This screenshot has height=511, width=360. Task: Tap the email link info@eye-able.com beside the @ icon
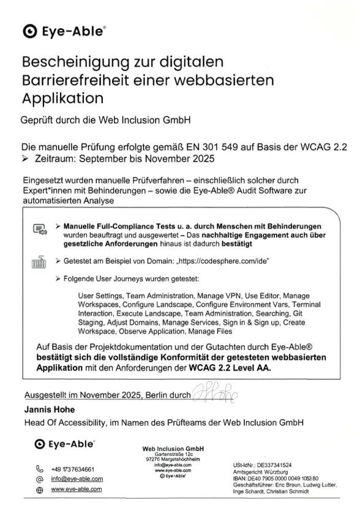(77, 479)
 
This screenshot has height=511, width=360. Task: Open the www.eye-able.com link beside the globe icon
(77, 490)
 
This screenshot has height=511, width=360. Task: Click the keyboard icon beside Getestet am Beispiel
(39, 262)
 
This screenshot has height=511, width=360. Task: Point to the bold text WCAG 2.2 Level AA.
(230, 368)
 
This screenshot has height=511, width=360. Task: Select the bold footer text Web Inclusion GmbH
(173, 449)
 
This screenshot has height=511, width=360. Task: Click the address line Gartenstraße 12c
(173, 455)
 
